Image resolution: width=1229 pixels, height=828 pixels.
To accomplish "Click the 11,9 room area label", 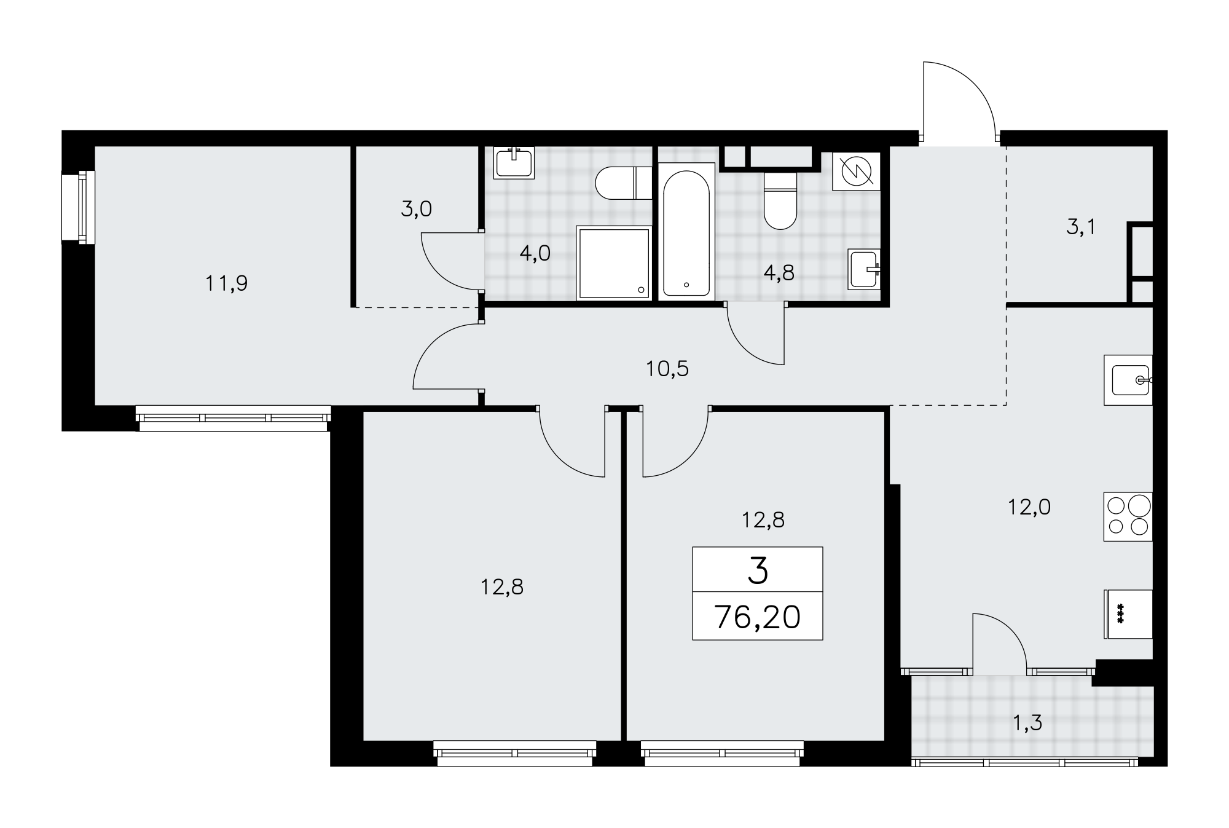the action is tap(227, 283).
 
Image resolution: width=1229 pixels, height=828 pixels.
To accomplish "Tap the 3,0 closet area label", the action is tap(417, 210).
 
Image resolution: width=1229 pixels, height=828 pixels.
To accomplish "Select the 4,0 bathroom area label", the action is tap(535, 253).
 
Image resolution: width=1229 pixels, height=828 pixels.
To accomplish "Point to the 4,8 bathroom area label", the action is tap(779, 273).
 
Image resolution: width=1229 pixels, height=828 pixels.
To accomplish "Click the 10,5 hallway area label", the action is tap(667, 369).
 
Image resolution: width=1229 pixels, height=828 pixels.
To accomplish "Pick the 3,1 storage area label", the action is tap(1081, 228).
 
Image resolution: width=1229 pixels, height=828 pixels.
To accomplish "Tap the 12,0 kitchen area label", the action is tap(1029, 507).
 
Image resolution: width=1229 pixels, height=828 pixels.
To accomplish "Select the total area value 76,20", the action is tap(758, 617).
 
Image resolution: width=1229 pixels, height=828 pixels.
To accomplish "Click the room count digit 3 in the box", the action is tap(758, 571).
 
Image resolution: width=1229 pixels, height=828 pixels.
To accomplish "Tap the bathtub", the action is tap(686, 231).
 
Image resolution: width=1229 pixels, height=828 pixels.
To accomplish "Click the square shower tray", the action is tap(613, 263).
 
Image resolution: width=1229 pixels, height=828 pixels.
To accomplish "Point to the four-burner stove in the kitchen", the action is tap(1128, 516).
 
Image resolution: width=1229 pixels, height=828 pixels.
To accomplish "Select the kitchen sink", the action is tap(1128, 380).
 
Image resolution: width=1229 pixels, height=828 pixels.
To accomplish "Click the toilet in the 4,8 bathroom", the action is tap(780, 200).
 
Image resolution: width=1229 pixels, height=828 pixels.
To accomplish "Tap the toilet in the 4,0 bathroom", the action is tap(624, 183).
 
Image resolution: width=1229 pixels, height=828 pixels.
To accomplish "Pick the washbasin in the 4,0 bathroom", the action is tap(514, 163).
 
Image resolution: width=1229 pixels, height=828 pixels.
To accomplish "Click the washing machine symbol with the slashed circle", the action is tap(857, 172).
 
